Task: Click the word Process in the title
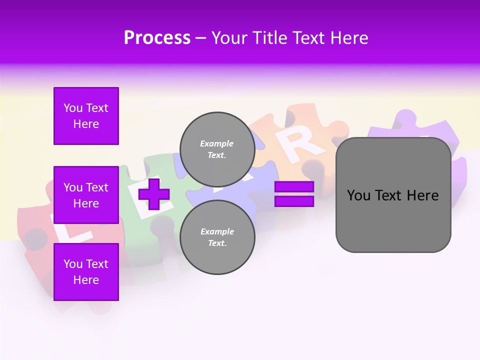pos(157,38)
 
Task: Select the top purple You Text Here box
pos(86,116)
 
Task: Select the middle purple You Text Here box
pos(86,195)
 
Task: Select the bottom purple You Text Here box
pos(86,272)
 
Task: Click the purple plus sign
pos(153,194)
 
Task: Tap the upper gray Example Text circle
pos(217,149)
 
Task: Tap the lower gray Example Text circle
pos(217,237)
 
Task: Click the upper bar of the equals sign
pos(294,187)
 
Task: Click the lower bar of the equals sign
pos(294,201)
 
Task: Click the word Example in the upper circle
pos(217,143)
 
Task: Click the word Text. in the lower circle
pos(217,243)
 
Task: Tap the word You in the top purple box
pos(73,108)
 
